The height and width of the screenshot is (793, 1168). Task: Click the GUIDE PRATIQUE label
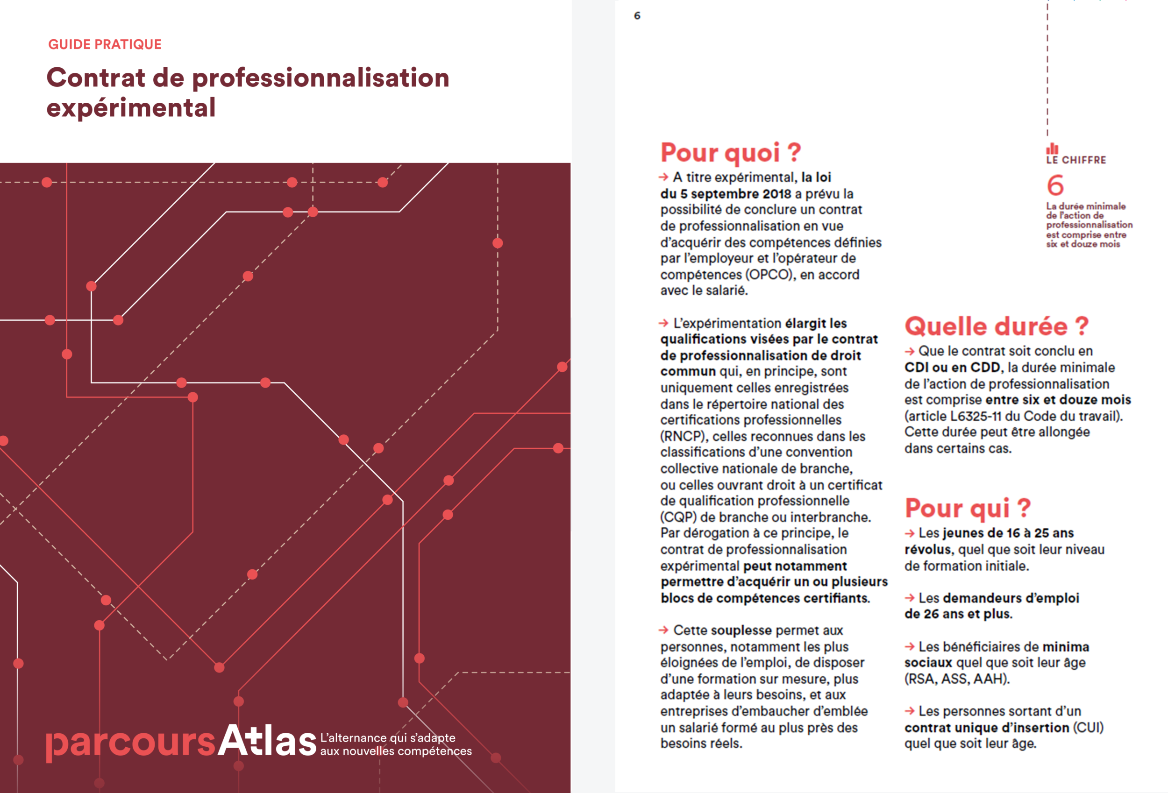[105, 44]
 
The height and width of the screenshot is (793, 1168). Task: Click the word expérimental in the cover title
[131, 108]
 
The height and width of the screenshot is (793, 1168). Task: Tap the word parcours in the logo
[131, 743]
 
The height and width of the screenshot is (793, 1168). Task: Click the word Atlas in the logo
[267, 741]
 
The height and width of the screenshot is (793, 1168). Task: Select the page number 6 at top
[637, 15]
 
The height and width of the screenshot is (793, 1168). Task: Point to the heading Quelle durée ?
[996, 326]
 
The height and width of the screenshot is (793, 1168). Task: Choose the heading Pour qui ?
[968, 508]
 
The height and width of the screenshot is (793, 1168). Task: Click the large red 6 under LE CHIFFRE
[1055, 185]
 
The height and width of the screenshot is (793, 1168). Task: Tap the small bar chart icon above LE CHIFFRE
[1052, 149]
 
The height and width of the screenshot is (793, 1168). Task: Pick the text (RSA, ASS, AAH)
[957, 679]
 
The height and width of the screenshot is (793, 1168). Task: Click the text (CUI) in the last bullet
[1088, 728]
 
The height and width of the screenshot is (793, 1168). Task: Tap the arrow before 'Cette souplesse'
[663, 630]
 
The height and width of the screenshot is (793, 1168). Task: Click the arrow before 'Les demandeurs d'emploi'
[909, 598]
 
